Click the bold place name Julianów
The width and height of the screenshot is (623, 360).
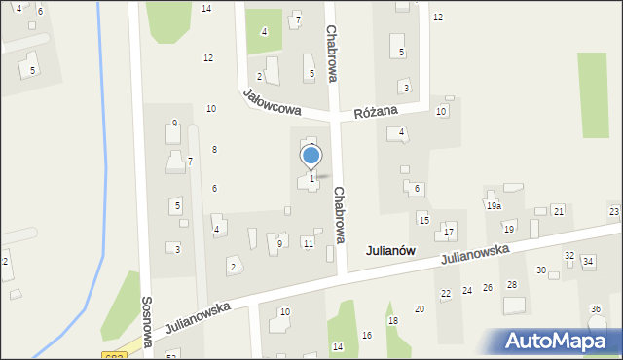390,250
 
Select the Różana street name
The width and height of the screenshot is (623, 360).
378,111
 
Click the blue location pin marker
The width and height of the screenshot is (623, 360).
311,157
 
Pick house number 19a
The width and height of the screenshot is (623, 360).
494,206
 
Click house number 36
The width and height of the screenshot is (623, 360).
596,308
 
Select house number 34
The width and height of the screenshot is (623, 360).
588,262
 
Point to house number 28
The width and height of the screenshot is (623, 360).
512,284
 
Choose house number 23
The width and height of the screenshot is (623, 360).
614,211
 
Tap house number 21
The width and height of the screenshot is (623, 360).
558,211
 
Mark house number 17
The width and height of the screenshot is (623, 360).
449,232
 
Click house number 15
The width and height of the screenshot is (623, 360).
423,219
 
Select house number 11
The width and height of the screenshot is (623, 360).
308,243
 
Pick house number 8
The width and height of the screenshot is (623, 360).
214,149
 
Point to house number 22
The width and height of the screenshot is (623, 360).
446,293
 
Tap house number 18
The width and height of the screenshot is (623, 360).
393,320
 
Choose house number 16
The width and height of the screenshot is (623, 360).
367,335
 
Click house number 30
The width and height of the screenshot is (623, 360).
541,270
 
